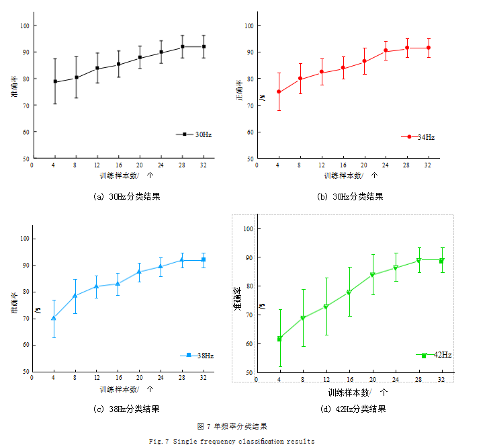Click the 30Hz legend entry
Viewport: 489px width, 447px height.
tap(195, 134)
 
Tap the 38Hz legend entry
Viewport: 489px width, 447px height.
tap(197, 355)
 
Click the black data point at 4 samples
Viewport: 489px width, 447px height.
tap(55, 82)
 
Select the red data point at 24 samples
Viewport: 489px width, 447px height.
tap(386, 50)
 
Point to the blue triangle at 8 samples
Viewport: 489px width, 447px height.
tap(75, 295)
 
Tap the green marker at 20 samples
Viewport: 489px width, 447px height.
tap(372, 274)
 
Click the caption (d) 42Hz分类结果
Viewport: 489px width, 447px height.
tap(353, 409)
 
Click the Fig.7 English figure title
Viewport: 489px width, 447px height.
tap(231, 441)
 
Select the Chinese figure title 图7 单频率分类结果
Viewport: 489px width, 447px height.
tap(232, 426)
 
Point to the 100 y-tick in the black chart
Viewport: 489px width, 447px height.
tap(25, 26)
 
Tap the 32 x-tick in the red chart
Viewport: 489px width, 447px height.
tap(428, 165)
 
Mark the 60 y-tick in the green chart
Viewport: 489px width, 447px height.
tap(248, 343)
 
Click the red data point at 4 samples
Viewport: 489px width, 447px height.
tap(279, 91)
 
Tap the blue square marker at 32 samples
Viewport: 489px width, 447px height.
tap(204, 259)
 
